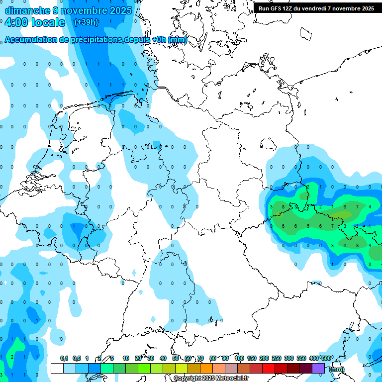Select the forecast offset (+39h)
tap(86, 22)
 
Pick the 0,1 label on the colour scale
tap(64, 358)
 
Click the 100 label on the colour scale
tap(239, 358)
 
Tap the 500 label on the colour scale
tap(326, 358)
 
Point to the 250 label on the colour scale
tap(277, 358)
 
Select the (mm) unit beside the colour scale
tap(337, 369)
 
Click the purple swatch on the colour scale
tap(318, 368)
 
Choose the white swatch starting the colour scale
tap(57, 368)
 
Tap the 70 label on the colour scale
tap(200, 358)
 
